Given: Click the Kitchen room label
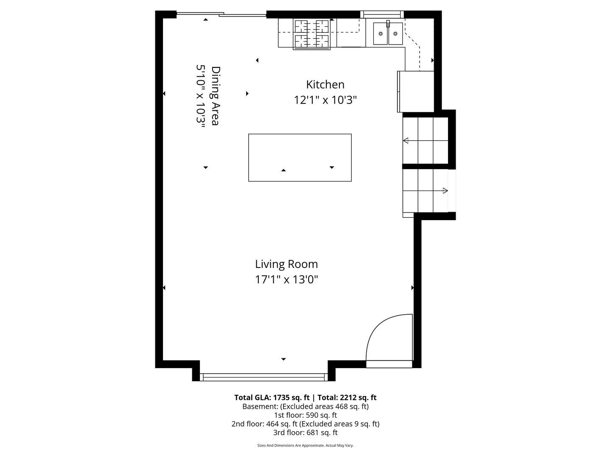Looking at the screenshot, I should [x=325, y=84].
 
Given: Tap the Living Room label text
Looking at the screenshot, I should [x=286, y=264].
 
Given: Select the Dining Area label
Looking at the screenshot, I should [x=216, y=96].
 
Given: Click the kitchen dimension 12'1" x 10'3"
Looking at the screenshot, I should [x=325, y=100].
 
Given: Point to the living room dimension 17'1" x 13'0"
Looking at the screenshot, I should [x=286, y=279].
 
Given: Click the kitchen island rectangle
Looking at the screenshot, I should [x=300, y=157].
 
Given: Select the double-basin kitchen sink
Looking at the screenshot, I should [x=388, y=34].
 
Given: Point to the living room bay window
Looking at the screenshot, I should [x=263, y=377].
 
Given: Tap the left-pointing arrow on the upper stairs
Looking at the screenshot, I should [x=406, y=140].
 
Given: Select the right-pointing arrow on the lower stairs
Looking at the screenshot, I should [x=445, y=190].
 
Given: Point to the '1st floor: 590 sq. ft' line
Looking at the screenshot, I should [x=305, y=415].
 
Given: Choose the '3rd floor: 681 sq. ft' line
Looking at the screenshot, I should [x=305, y=433].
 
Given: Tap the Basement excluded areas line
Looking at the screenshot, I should [x=305, y=406].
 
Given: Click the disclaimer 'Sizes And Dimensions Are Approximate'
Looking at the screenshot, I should [x=305, y=445].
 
